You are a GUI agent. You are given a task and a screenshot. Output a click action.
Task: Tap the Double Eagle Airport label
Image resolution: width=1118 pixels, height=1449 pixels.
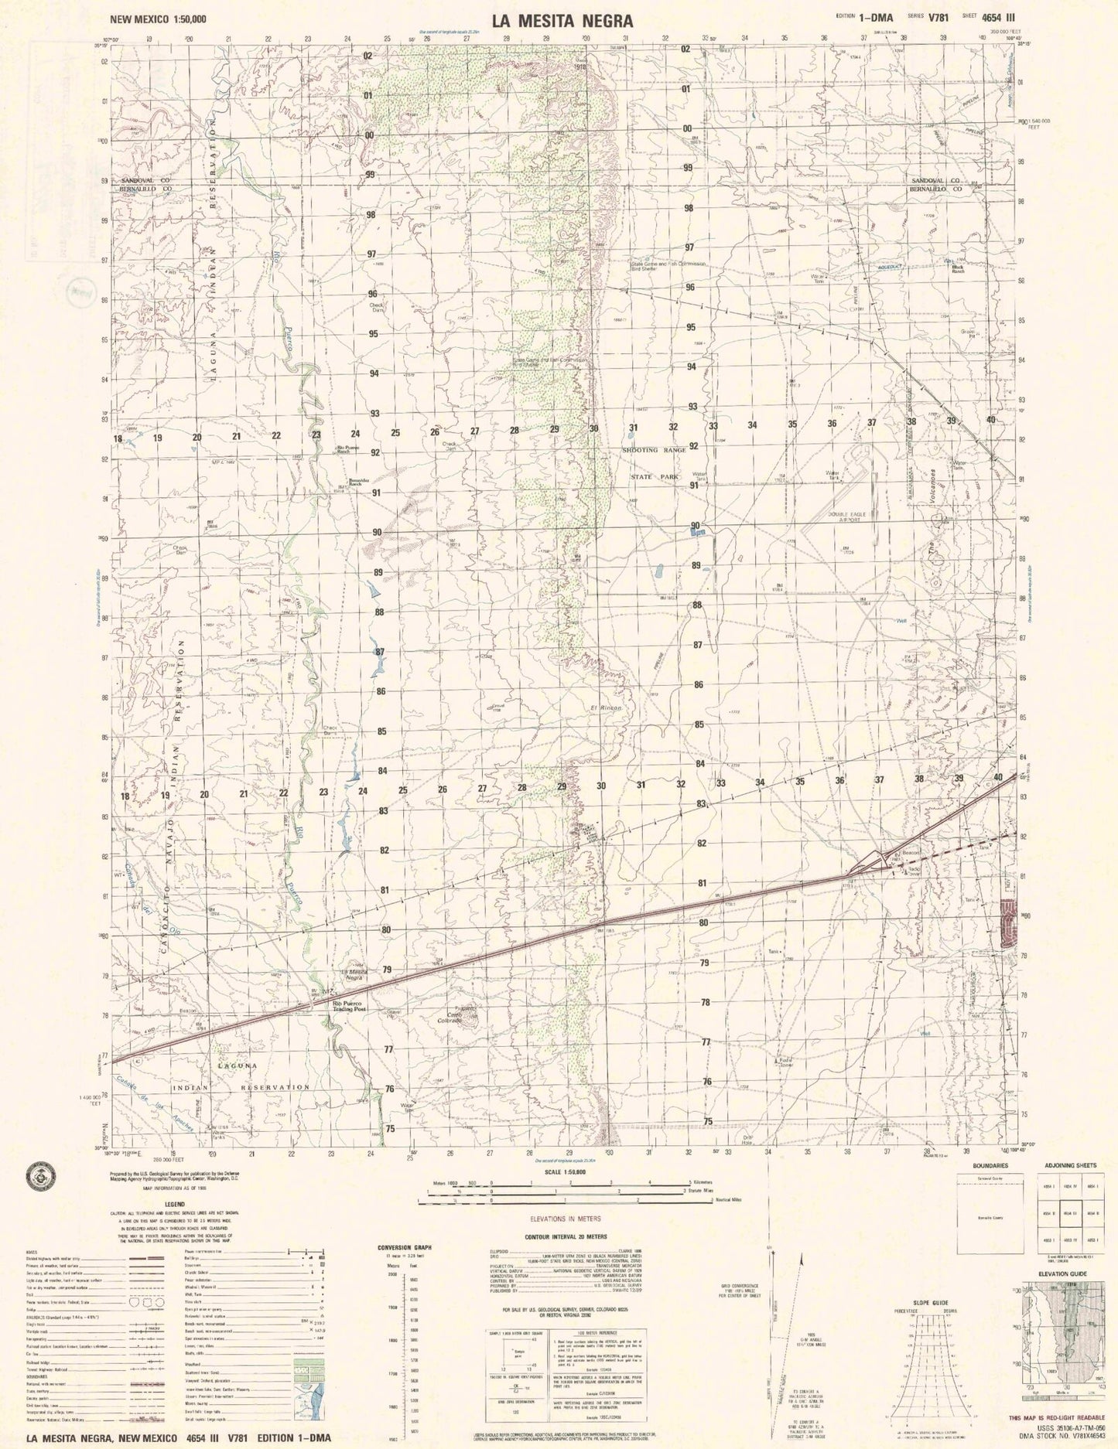(832, 517)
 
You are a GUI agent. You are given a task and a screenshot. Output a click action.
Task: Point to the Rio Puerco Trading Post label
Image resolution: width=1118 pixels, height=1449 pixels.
(349, 1007)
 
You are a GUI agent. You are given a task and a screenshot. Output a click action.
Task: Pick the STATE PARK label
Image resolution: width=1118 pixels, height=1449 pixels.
(654, 477)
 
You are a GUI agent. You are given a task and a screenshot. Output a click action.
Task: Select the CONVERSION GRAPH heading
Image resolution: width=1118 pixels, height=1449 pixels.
(404, 1248)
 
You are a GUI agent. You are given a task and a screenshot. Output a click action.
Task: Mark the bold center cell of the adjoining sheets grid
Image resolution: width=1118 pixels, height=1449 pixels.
(1071, 1213)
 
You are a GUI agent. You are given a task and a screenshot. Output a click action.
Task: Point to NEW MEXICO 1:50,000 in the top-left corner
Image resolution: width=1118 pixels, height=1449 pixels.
(159, 22)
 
